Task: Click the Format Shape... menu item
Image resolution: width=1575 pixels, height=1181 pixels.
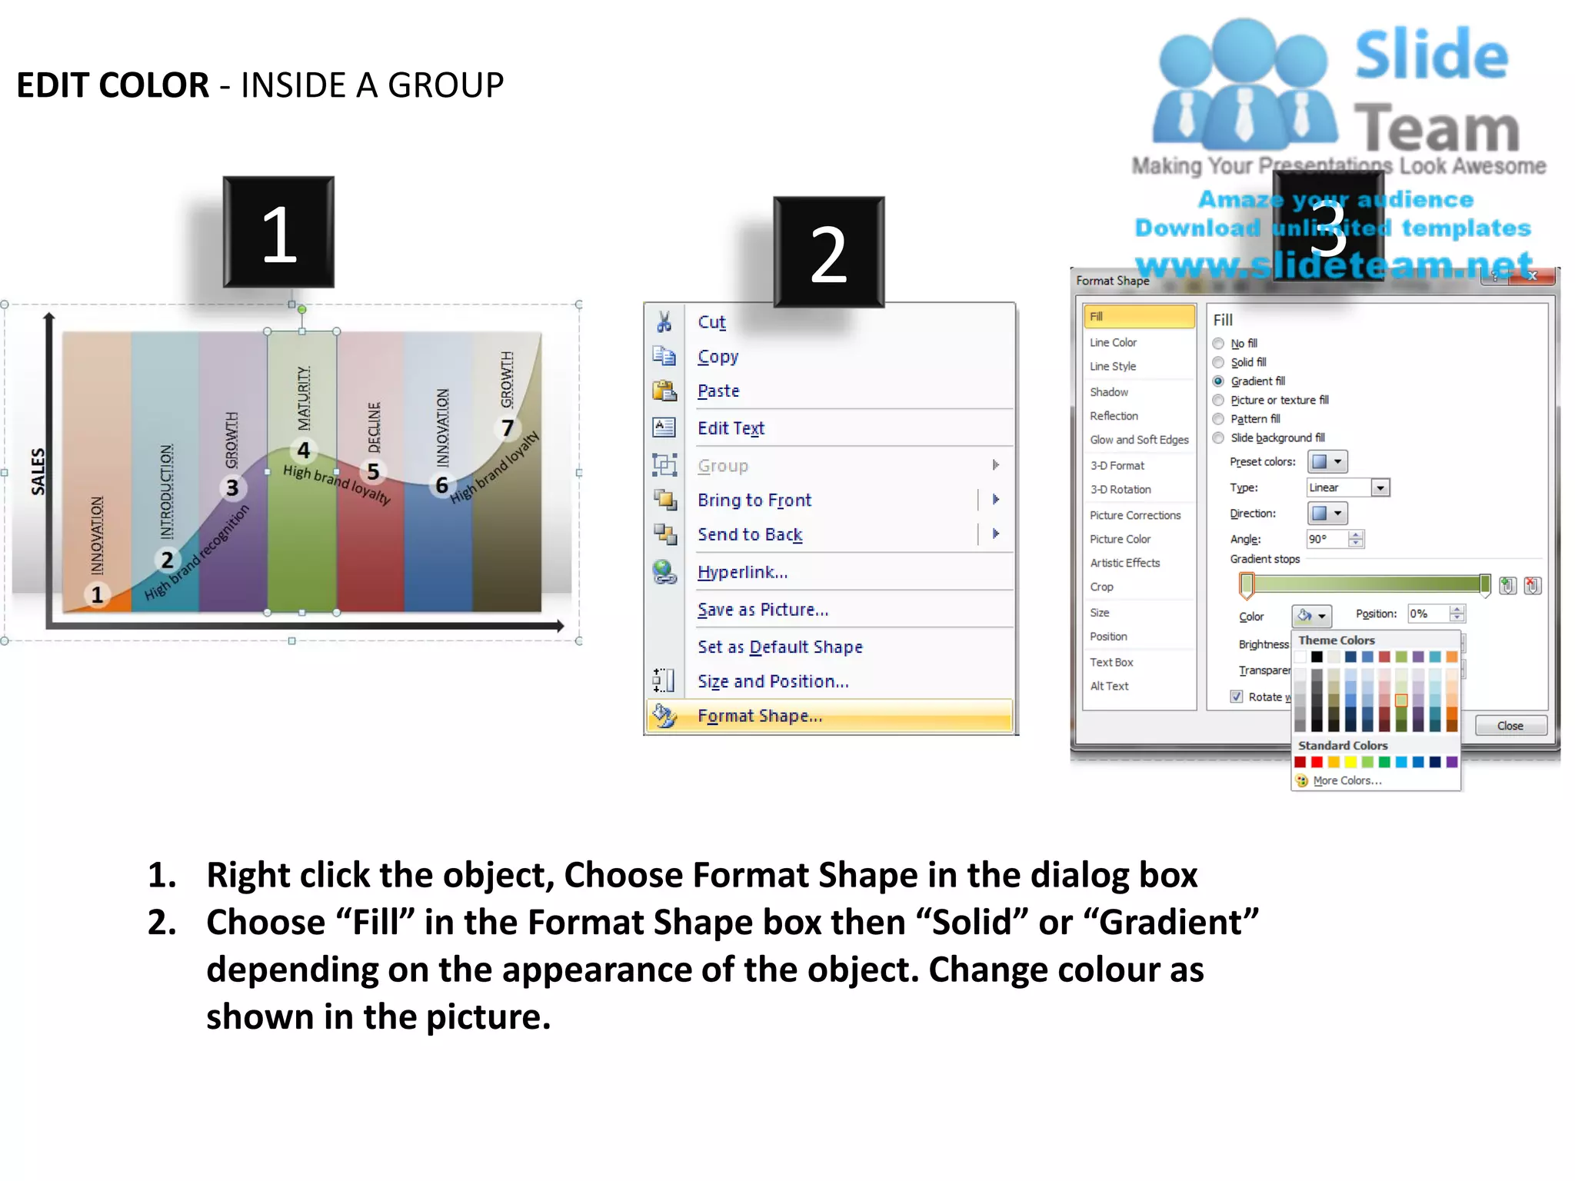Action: point(759,716)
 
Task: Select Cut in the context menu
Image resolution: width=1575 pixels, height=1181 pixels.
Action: point(711,322)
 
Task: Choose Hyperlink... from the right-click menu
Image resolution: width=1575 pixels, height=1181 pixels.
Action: point(742,572)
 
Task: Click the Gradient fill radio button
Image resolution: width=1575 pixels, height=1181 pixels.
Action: point(1218,381)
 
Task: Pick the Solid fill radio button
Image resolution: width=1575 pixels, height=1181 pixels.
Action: point(1218,362)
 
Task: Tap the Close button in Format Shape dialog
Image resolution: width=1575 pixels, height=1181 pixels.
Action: point(1510,726)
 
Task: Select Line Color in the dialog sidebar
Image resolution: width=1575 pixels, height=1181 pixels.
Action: point(1113,342)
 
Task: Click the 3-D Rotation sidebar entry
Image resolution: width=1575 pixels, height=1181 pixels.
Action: point(1120,489)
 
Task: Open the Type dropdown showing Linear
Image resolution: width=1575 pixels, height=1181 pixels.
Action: point(1380,487)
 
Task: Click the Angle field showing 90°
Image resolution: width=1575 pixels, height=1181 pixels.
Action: point(1327,539)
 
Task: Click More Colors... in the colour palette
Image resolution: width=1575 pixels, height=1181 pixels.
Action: point(1347,780)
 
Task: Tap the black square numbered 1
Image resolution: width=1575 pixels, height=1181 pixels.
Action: point(278,233)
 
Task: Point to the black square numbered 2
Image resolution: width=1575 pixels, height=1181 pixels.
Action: point(828,252)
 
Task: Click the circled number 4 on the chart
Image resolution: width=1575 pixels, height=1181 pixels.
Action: point(304,450)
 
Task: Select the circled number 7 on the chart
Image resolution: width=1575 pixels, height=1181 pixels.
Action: point(508,427)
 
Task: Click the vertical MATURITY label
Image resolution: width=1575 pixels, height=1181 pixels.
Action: point(304,398)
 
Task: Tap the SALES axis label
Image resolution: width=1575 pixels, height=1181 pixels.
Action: point(38,471)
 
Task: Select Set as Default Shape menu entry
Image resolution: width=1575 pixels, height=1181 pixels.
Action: point(780,647)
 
